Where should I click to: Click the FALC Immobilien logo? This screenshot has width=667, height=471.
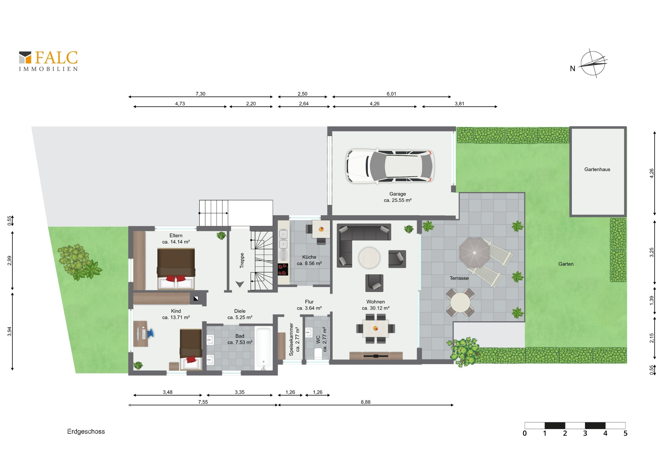tap(48, 61)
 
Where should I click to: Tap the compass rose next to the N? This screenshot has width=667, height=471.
tap(593, 63)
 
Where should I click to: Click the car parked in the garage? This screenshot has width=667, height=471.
tap(390, 166)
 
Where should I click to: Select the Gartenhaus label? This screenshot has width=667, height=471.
tap(597, 169)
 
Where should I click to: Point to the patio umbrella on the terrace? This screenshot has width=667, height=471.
tap(474, 253)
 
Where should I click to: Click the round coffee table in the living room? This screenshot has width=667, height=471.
tap(369, 258)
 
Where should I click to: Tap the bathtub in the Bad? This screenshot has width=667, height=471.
tap(264, 348)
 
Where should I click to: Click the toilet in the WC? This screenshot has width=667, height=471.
tap(318, 354)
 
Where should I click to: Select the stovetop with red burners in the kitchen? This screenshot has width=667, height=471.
tap(283, 269)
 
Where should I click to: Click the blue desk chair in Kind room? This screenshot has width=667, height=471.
tap(151, 333)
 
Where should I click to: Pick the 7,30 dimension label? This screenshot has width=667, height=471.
tap(200, 94)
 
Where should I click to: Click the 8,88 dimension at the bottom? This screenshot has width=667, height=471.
tap(365, 402)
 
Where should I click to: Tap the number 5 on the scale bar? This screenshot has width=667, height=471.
tap(626, 433)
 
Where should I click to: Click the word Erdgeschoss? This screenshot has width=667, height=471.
tap(86, 432)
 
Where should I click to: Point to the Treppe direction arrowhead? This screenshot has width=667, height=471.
tap(240, 284)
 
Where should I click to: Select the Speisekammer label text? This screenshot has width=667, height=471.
tap(291, 339)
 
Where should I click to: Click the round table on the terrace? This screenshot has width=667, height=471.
tap(460, 302)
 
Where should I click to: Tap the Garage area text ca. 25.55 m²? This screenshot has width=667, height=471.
tap(398, 200)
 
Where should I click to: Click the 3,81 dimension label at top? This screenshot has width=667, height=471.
tap(460, 104)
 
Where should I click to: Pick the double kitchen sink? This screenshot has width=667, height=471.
tap(283, 239)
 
